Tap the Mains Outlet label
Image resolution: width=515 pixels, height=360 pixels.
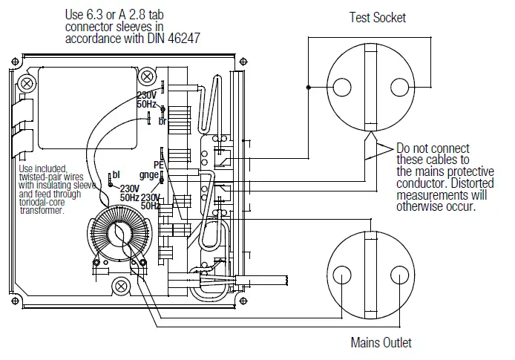tap(381, 342)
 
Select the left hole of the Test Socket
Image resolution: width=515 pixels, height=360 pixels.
tap(341, 87)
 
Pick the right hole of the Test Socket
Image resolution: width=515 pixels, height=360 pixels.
tap(399, 87)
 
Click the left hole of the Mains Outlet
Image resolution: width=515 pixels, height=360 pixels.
tap(341, 277)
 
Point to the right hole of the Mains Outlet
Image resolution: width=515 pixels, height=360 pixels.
tap(399, 277)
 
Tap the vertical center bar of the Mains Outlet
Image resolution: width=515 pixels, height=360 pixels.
tap(370, 277)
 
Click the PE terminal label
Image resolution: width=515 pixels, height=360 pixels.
tap(157, 165)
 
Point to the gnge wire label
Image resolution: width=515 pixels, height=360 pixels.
tap(149, 175)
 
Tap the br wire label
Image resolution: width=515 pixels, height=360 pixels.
tap(162, 121)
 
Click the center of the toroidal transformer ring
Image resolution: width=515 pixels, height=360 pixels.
tap(118, 235)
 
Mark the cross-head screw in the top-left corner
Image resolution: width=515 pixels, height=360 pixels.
tap(29, 82)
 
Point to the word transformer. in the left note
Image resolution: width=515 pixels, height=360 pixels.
tap(42, 210)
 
